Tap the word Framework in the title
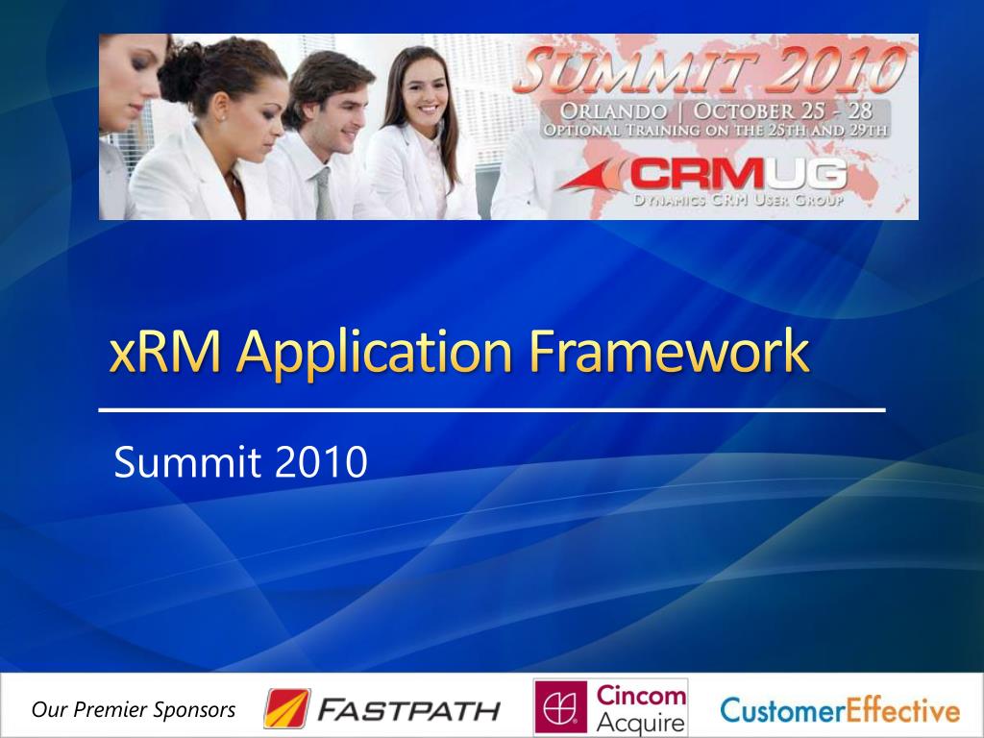[x=669, y=353]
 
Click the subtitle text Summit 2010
[x=240, y=462]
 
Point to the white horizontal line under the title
[x=492, y=410]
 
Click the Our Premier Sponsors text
[x=134, y=710]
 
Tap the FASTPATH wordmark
[x=409, y=711]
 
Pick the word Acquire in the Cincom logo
[x=642, y=723]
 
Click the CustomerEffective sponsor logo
[x=840, y=711]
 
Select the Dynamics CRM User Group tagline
[x=738, y=202]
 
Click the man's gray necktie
[x=323, y=195]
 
